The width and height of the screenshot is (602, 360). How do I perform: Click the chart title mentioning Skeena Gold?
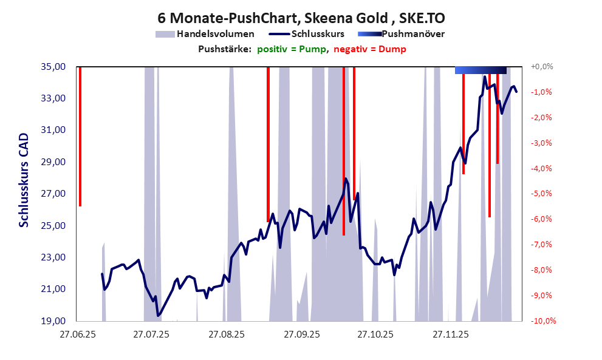pyautogui.click(x=301, y=18)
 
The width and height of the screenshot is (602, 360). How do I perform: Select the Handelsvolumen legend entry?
pyautogui.click(x=205, y=34)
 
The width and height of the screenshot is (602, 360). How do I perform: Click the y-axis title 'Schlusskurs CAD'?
pyautogui.click(x=24, y=181)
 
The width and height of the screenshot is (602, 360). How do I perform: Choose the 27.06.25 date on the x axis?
pyautogui.click(x=77, y=333)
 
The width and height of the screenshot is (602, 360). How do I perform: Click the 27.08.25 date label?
pyautogui.click(x=226, y=333)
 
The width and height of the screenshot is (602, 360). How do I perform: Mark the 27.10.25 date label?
pyautogui.click(x=375, y=333)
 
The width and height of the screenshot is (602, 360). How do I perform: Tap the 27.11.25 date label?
pyautogui.click(x=450, y=333)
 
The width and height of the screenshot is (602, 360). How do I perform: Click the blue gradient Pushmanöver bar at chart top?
pyautogui.click(x=481, y=70)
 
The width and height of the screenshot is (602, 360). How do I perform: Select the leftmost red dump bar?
pyautogui.click(x=80, y=137)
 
